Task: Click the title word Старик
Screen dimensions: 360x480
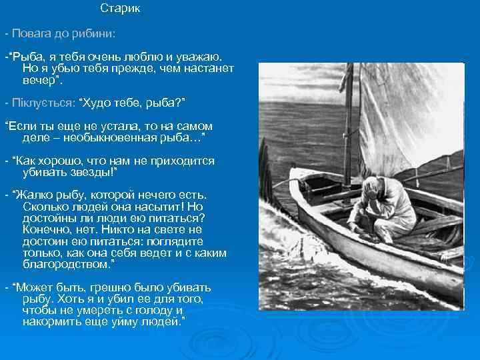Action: (120, 9)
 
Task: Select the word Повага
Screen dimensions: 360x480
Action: (31, 33)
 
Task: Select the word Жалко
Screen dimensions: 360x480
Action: (36, 195)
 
